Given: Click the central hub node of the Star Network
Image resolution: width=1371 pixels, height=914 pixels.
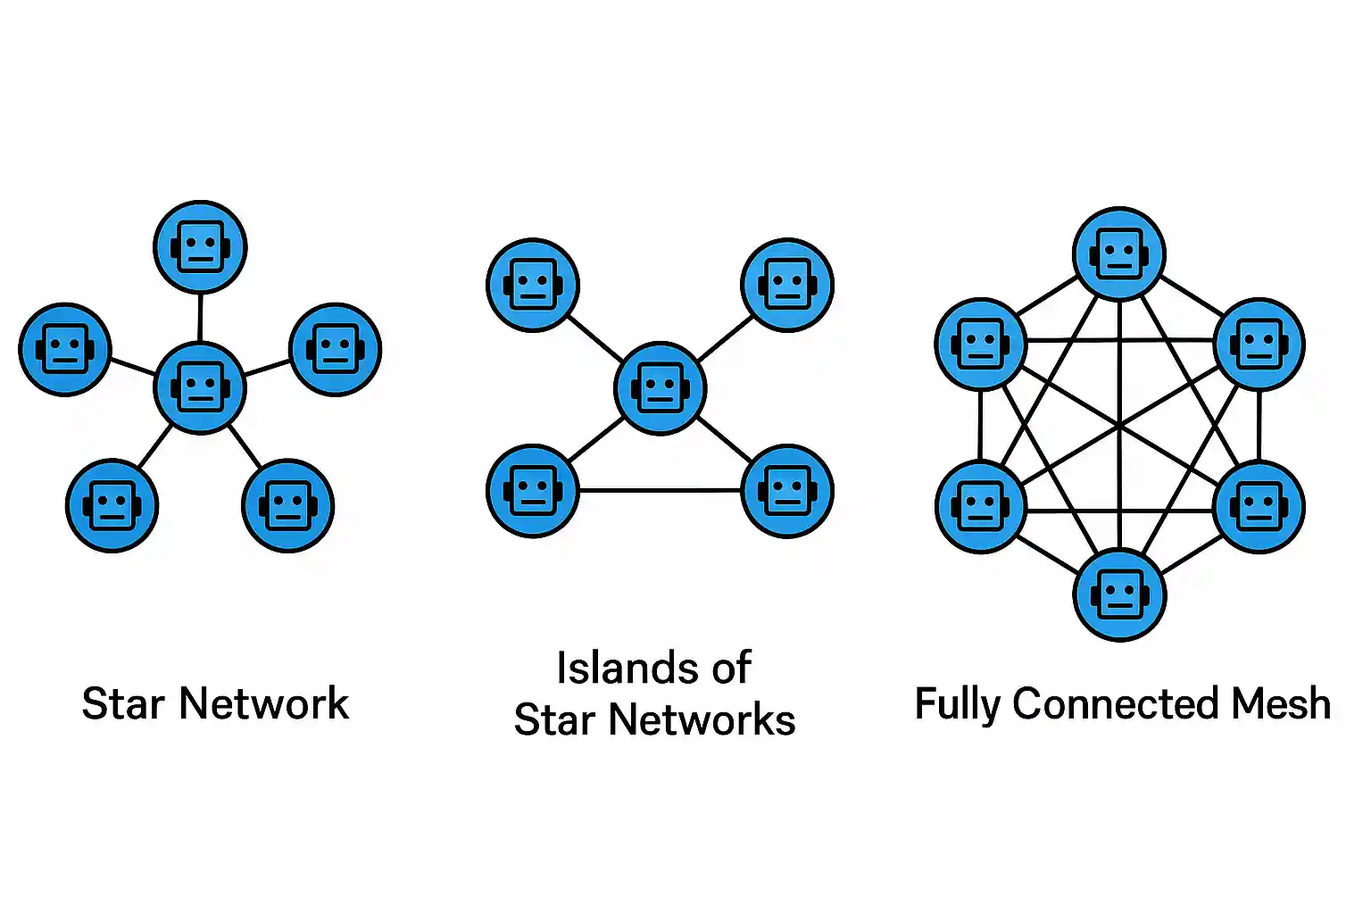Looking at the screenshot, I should coord(200,387).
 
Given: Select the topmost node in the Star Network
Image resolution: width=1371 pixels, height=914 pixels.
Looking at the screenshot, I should coord(200,246).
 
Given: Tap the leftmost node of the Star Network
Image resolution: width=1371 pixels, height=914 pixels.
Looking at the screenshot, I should coord(65,349).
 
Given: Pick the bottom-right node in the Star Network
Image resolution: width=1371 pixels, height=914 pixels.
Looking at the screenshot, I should coord(287,506).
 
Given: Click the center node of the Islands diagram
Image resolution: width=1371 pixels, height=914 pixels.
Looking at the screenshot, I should coord(661,388).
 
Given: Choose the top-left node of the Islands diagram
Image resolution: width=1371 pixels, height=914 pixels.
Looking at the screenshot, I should coord(533,286).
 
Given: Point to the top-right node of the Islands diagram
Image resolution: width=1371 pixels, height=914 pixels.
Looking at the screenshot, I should coord(787,285).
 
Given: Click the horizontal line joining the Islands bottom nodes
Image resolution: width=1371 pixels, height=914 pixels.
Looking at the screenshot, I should coord(661,490).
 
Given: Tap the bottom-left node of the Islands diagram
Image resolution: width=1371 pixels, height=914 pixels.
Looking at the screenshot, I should coord(533,491).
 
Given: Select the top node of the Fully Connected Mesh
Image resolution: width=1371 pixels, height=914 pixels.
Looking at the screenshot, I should coord(1119,253).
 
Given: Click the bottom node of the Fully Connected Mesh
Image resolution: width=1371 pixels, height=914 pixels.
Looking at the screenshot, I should coord(1119,594).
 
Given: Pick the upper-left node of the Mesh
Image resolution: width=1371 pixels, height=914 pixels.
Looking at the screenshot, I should coord(981,344).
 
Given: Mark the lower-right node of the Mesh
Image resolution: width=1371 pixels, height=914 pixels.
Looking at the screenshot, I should coord(1259,507).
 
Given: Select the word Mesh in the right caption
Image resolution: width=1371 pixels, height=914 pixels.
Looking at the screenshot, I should coord(1281,703).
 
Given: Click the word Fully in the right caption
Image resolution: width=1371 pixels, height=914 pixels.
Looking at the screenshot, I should coord(958,705).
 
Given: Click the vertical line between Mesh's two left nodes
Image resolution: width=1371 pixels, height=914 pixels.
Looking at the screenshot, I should coord(980,425).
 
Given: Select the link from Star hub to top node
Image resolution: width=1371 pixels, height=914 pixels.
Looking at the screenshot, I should coord(200,317).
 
